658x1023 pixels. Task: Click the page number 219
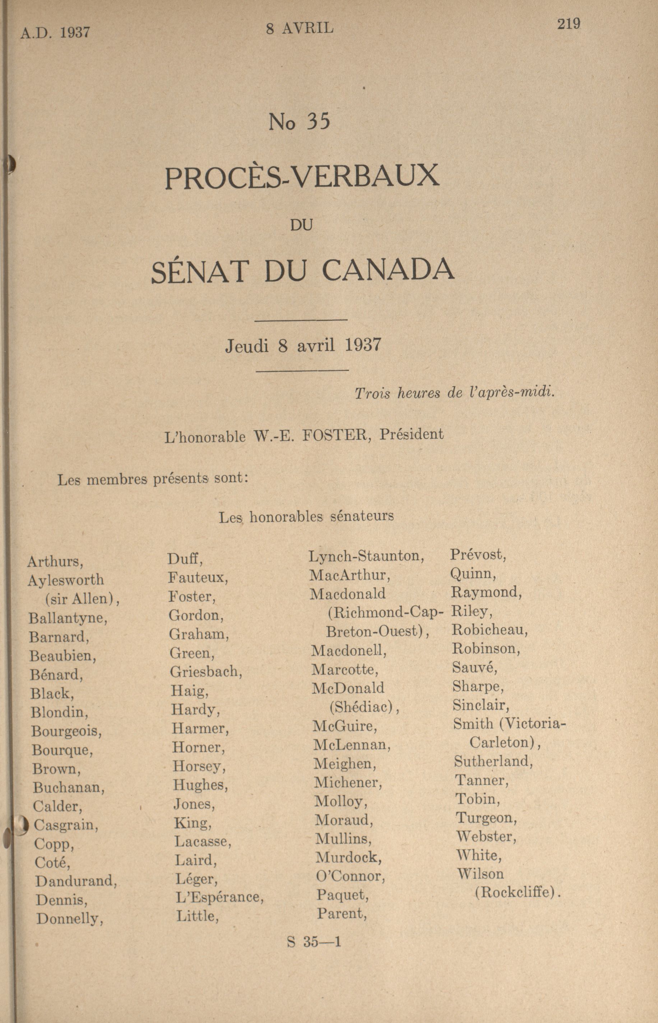[568, 24]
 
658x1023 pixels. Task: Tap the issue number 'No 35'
[300, 122]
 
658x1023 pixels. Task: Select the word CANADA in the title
[388, 270]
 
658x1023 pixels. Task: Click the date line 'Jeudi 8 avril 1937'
[303, 345]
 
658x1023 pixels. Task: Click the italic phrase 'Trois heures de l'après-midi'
[454, 392]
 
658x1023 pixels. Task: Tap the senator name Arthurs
[55, 561]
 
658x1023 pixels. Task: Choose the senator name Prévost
[478, 555]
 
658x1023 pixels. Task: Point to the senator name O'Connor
[350, 877]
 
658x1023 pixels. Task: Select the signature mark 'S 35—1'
[314, 942]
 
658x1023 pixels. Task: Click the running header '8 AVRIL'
[299, 29]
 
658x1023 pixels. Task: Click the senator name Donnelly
[70, 919]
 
